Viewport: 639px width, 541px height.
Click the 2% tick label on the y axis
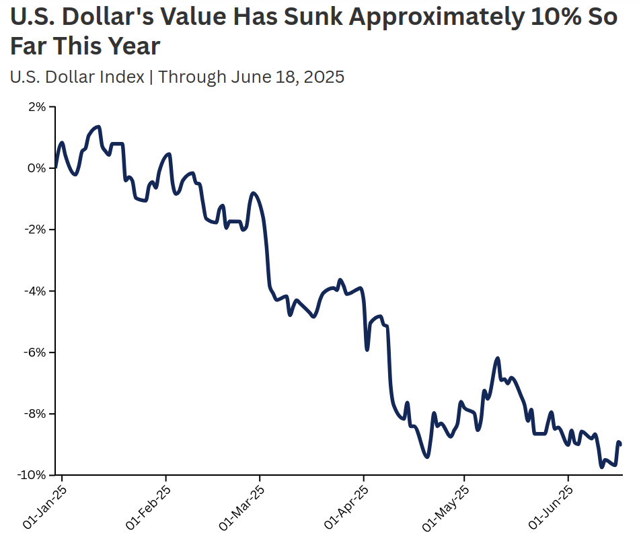[x=36, y=107]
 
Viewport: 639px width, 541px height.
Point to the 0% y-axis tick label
[x=36, y=168]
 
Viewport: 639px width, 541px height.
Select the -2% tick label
[x=34, y=229]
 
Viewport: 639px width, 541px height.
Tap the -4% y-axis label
[x=34, y=291]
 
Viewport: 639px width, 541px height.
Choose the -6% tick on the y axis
[x=34, y=352]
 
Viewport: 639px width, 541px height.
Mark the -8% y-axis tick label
[x=34, y=414]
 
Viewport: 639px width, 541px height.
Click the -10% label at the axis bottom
[x=32, y=475]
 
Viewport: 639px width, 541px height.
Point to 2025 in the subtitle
[x=324, y=77]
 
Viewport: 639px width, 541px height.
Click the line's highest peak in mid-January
[x=99, y=127]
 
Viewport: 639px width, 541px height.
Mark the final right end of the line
[x=619, y=444]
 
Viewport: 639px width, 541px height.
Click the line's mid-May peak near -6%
[x=498, y=359]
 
